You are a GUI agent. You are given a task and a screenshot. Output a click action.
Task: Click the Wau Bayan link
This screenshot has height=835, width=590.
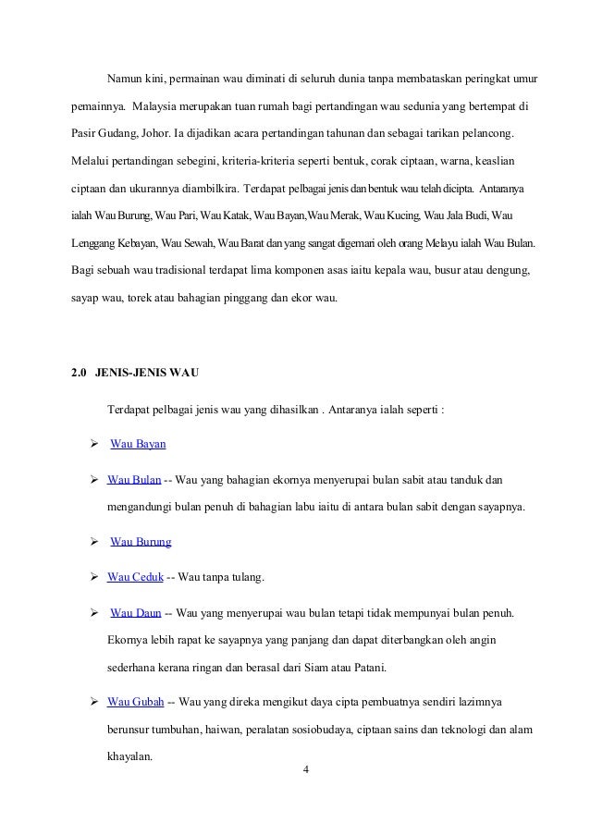[138, 444]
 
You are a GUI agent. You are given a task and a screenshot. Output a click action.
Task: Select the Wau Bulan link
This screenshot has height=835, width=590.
[134, 480]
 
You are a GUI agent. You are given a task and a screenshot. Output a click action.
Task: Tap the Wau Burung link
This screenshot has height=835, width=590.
[141, 541]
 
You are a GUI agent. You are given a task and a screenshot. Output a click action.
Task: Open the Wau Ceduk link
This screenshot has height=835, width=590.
[135, 577]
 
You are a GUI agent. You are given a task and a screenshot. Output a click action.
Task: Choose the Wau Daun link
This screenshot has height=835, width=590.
[136, 613]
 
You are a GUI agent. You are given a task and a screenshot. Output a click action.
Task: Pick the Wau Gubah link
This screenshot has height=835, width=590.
[136, 701]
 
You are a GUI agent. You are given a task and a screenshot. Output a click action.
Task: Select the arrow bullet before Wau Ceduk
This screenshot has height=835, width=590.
[93, 577]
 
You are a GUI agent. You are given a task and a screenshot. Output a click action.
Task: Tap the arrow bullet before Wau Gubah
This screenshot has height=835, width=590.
[93, 701]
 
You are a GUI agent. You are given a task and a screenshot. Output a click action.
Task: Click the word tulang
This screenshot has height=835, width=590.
[246, 577]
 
